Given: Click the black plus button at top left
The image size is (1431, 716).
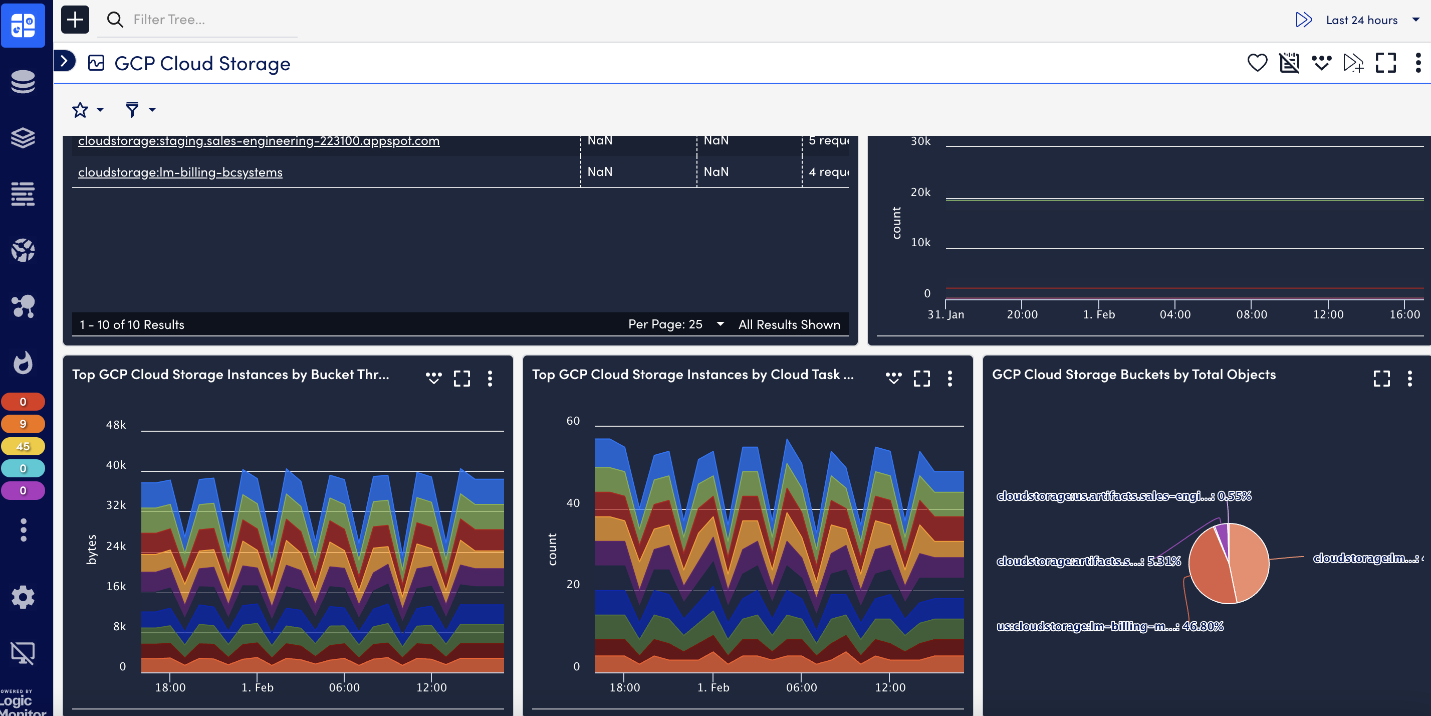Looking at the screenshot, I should [x=75, y=20].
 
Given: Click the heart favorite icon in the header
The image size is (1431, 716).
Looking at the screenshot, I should [x=1257, y=63].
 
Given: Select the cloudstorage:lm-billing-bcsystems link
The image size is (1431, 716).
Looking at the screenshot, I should [x=180, y=172].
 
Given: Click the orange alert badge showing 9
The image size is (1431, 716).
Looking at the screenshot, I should [x=23, y=424].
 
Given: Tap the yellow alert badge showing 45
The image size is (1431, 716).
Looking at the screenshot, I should [x=23, y=446].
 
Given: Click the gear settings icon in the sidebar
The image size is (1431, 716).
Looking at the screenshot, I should [x=23, y=597].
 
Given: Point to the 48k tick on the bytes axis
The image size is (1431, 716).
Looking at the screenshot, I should [x=116, y=425].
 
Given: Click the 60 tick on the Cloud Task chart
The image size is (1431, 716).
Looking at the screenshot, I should [x=573, y=421].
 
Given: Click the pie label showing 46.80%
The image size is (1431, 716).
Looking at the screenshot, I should [x=1109, y=627].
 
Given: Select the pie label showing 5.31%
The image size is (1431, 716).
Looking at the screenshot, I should [x=1088, y=562].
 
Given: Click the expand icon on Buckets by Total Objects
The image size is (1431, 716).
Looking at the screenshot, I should [x=1381, y=379].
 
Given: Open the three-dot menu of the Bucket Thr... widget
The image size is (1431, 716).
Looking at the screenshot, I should [x=490, y=379].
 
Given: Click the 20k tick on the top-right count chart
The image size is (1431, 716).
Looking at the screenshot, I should [x=920, y=193].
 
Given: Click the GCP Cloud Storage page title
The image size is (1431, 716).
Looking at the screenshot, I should [x=202, y=63].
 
